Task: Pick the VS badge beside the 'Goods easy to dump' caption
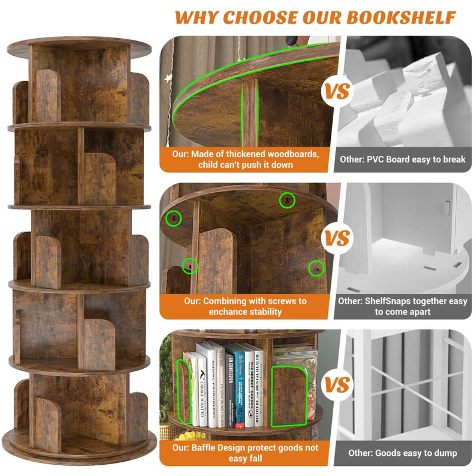[x=336, y=385]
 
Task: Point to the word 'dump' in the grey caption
[x=443, y=453]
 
